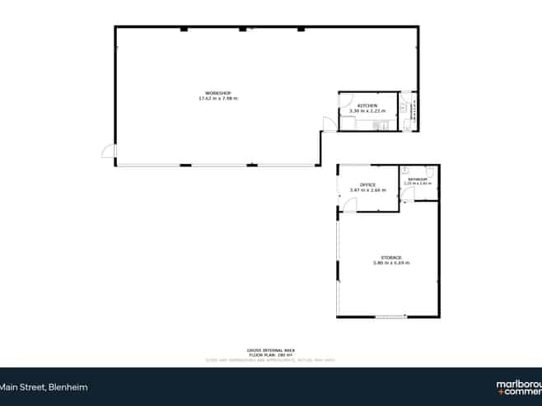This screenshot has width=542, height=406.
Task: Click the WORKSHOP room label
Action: pyautogui.click(x=217, y=93)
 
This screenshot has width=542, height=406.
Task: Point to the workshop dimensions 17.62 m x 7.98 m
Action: pyautogui.click(x=217, y=99)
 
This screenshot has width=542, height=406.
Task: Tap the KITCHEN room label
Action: pyautogui.click(x=367, y=105)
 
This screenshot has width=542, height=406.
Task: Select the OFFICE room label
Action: pyautogui.click(x=367, y=184)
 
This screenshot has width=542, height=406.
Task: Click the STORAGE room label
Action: pyautogui.click(x=390, y=258)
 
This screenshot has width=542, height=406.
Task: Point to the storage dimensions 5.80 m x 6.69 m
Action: pyautogui.click(x=390, y=264)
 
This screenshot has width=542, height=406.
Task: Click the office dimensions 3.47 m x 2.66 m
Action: pyautogui.click(x=367, y=190)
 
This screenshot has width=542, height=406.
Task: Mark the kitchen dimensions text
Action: pyautogui.click(x=367, y=110)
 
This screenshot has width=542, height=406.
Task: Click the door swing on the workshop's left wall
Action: pyautogui.click(x=107, y=151)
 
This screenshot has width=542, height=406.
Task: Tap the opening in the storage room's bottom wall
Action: pyautogui.click(x=390, y=317)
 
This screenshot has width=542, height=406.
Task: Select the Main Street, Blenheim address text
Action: pyautogui.click(x=43, y=386)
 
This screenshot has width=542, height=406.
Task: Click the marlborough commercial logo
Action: pyautogui.click(x=518, y=386)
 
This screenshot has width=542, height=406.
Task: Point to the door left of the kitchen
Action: pyautogui.click(x=329, y=124)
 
